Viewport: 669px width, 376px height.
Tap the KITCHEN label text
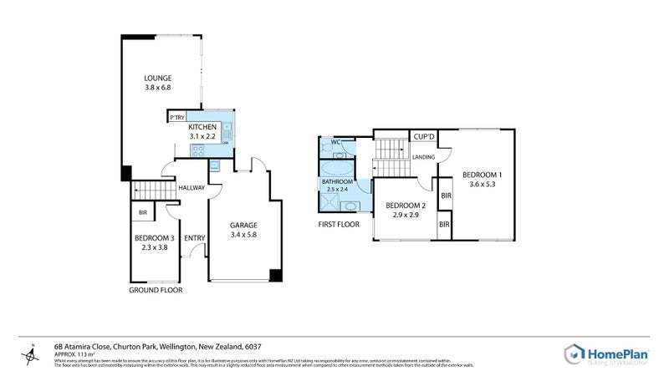pos(203,126)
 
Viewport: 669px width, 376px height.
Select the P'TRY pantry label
pos(176,118)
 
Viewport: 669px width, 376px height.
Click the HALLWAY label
pos(192,188)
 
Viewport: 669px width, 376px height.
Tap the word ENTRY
pos(194,238)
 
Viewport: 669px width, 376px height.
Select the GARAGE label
pos(243,226)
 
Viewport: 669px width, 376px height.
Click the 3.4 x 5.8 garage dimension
pos(243,236)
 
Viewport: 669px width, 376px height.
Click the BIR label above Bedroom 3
pos(143,213)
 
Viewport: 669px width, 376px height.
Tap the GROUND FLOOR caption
pos(156,290)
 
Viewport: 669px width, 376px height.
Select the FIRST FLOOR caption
pos(339,225)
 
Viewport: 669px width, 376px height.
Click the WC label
pos(334,142)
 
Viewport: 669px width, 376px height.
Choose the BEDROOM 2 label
pos(406,206)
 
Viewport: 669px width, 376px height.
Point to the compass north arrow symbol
pos(31,355)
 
